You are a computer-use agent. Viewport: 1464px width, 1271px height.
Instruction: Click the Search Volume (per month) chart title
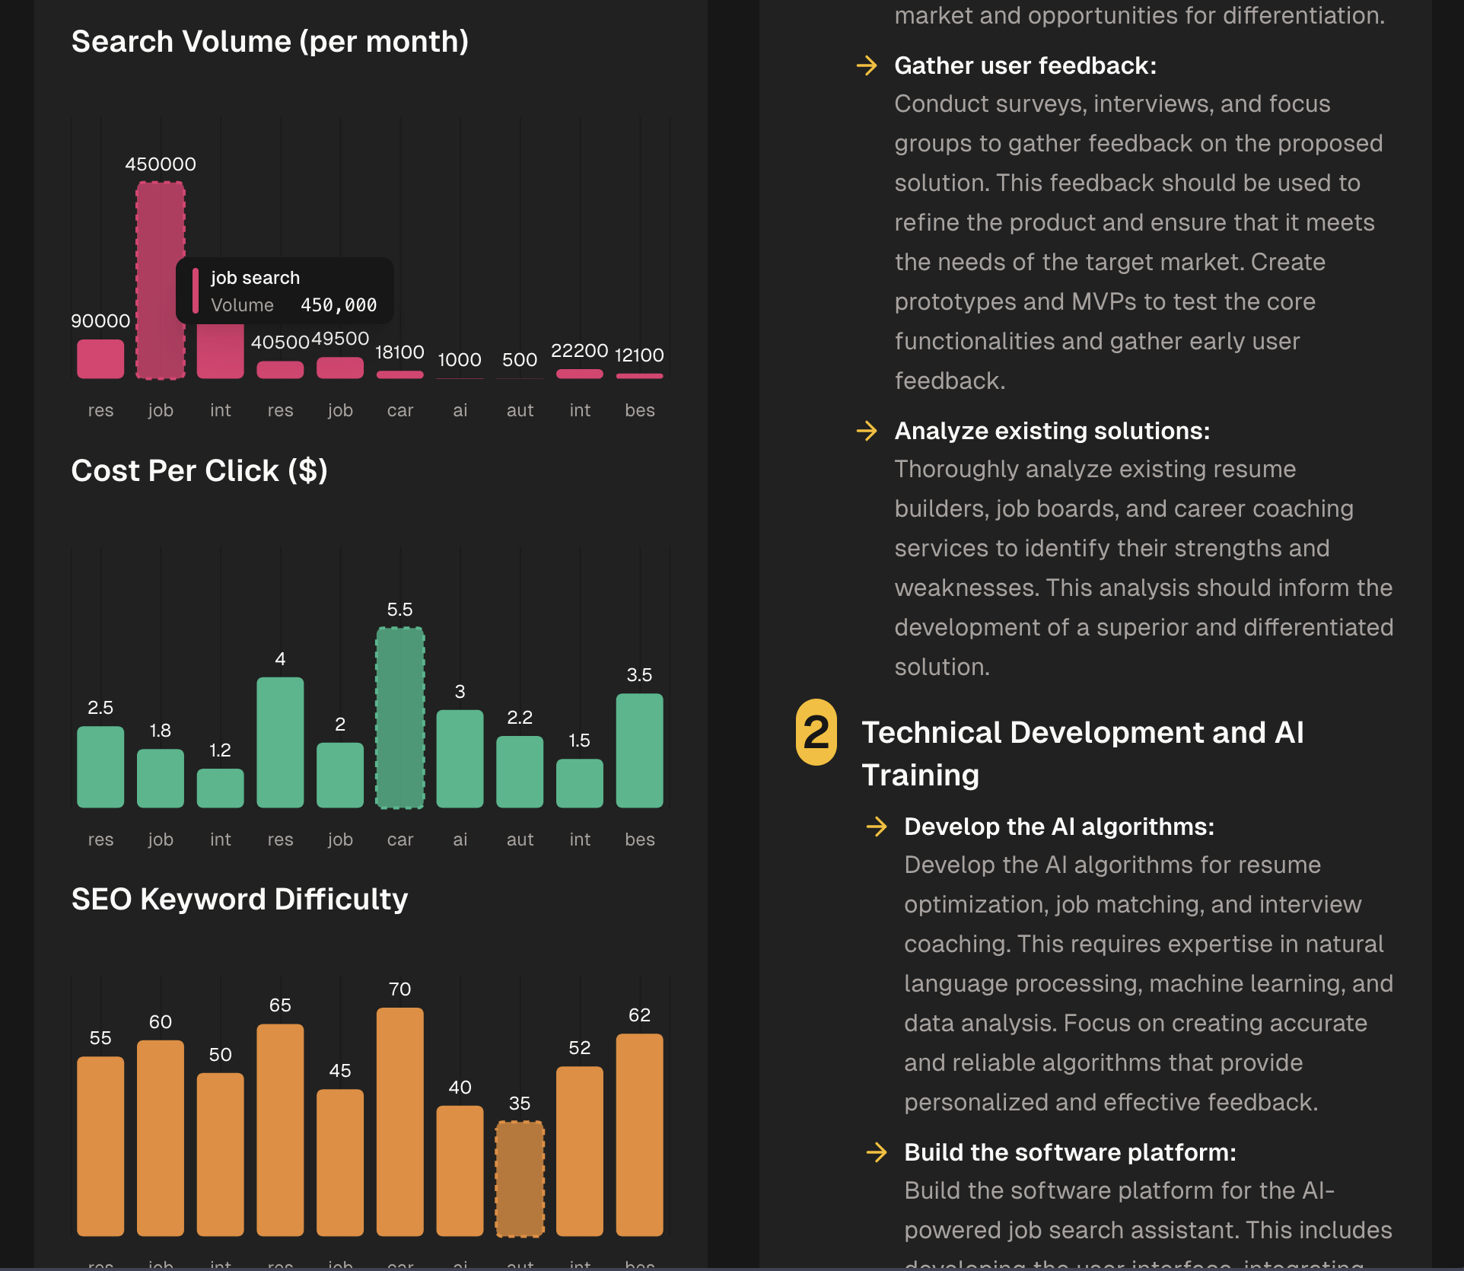269,42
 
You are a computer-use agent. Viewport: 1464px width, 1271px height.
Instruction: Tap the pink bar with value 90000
100,359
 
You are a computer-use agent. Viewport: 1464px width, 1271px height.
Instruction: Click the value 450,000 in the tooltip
339,305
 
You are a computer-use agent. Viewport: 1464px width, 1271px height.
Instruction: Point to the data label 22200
579,351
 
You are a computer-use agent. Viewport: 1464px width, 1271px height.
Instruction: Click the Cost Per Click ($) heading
199,471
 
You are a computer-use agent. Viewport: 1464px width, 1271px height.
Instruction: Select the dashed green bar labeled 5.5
400,718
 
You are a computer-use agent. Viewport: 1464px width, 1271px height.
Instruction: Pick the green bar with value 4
280,742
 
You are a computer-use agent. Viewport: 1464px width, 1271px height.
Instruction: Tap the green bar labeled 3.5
639,750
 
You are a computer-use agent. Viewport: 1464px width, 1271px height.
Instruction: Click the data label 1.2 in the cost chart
220,750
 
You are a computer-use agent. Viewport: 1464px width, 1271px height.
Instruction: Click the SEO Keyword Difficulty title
240,900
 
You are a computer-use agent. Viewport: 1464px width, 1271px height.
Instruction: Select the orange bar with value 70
400,1121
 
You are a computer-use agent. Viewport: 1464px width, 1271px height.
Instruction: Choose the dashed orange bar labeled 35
520,1178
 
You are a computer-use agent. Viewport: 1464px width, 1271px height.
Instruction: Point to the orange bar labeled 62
639,1134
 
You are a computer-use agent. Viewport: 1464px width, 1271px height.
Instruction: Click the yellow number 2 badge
816,732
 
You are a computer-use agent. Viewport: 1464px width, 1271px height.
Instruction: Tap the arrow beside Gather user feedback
867,66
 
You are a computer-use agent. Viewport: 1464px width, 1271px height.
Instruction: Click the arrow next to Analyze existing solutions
867,432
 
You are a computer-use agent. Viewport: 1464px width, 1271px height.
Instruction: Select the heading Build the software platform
1070,1152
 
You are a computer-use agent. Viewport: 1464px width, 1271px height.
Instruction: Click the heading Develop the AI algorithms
1059,827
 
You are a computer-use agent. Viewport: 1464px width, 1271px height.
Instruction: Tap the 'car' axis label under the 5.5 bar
400,839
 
